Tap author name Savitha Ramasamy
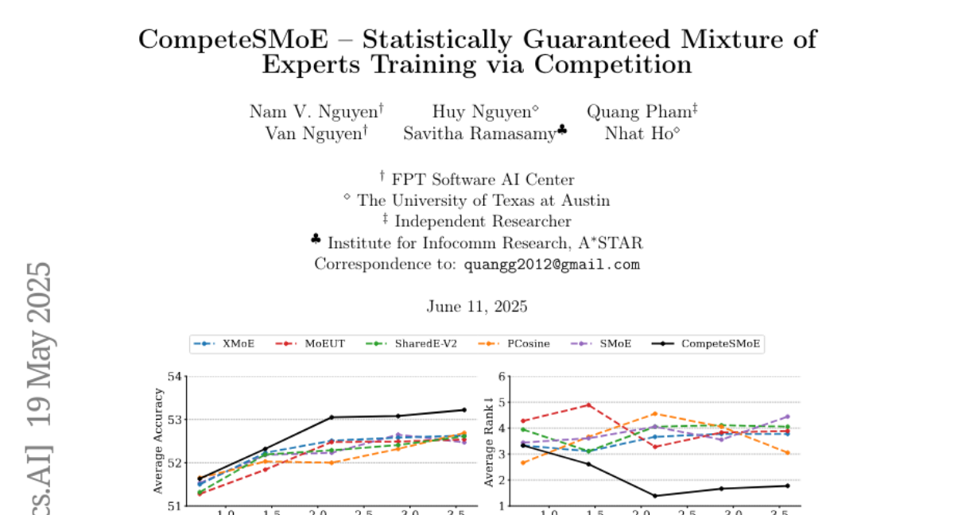[x=479, y=134]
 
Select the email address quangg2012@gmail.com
[x=552, y=265]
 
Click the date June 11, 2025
[x=477, y=307]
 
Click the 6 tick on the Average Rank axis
[x=501, y=376]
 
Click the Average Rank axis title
[x=489, y=442]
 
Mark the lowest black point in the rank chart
[x=656, y=496]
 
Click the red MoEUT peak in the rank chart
[x=589, y=405]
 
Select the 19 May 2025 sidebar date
[x=37, y=342]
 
